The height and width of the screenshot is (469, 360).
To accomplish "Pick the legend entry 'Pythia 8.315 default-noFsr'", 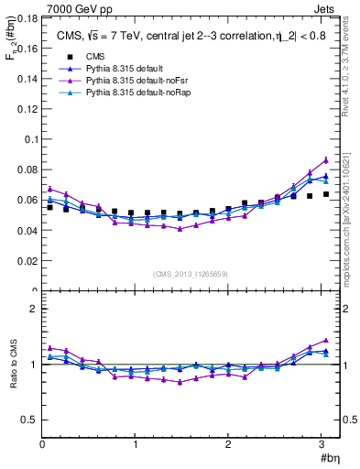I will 134,82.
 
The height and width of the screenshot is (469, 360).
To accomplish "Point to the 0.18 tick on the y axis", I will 27,17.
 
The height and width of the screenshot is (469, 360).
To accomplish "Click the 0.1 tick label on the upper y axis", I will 29,139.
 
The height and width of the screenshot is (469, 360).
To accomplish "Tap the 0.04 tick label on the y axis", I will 27,231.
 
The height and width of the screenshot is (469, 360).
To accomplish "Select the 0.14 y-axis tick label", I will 27,79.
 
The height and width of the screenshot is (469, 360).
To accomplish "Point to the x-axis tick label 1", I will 136,445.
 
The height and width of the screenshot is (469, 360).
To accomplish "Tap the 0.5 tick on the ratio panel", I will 29,420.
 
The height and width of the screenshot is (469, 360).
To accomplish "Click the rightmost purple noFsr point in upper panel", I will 325,160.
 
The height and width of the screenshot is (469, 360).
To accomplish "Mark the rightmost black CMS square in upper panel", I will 325,194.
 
